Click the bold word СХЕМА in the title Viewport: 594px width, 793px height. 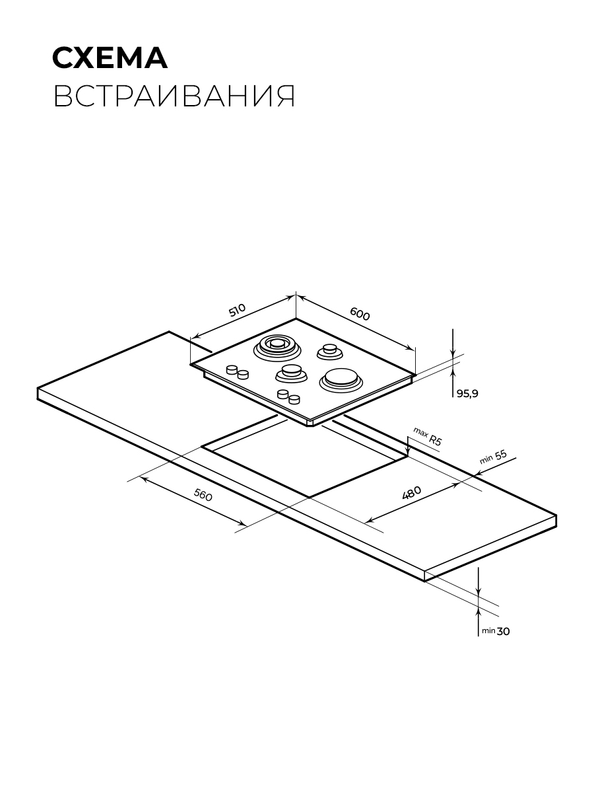pyautogui.click(x=110, y=57)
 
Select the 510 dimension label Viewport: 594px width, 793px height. pyautogui.click(x=237, y=310)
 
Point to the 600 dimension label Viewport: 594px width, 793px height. pyautogui.click(x=360, y=314)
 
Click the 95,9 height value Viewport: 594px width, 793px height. pyautogui.click(x=467, y=393)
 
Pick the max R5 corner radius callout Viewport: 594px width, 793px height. pyautogui.click(x=428, y=436)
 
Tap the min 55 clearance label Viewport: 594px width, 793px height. pyautogui.click(x=494, y=457)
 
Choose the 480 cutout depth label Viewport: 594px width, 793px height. pyautogui.click(x=411, y=493)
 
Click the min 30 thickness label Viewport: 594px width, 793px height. pyautogui.click(x=496, y=631)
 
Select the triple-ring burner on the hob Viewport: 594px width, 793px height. pyautogui.click(x=277, y=347)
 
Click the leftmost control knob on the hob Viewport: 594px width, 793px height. pyautogui.click(x=232, y=369)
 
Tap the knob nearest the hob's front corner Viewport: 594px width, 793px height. pyautogui.click(x=294, y=399)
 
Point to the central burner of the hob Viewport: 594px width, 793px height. pyautogui.click(x=292, y=373)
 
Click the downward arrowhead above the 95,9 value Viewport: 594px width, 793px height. pyautogui.click(x=453, y=354)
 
